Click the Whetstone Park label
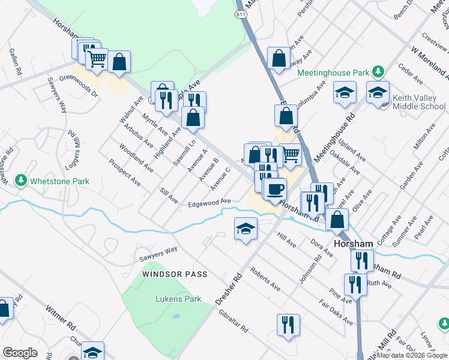pos(59,181)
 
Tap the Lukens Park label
pos(178,299)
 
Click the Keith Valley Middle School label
pos(419,102)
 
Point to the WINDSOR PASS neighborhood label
pos(175,274)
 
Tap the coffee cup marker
pos(275,190)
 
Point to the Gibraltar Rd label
pos(234,320)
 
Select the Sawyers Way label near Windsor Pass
pos(158,254)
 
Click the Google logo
pos(20,353)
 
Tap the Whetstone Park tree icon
pos(21,181)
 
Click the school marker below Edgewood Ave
pos(246,229)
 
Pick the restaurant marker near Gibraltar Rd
pos(288,325)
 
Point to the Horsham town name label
pos(354,244)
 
